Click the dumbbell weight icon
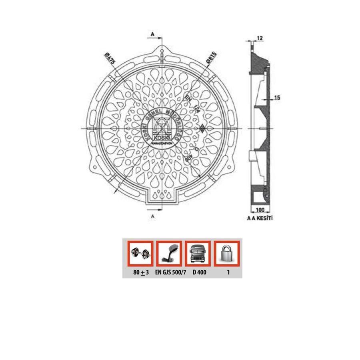click(x=140, y=253)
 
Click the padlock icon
click(x=227, y=253)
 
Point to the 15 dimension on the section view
click(x=277, y=98)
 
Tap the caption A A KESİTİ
click(x=262, y=219)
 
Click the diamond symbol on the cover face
click(x=203, y=128)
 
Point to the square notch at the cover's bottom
click(x=162, y=198)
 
